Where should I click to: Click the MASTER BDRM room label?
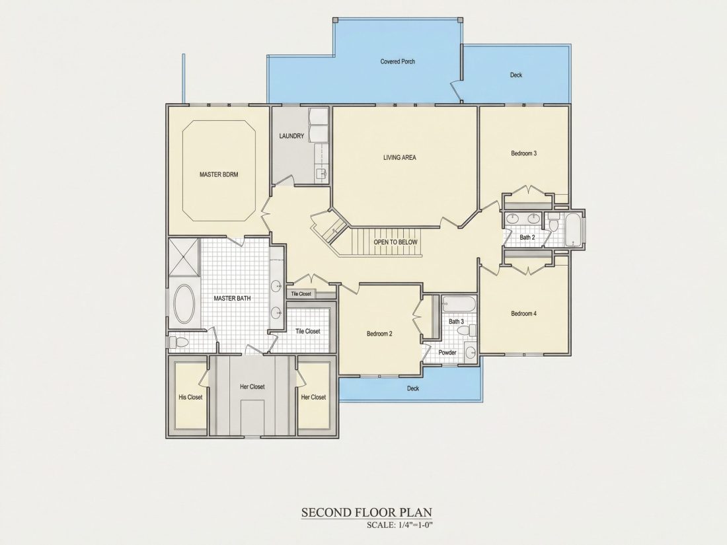point(219,174)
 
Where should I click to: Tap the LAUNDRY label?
point(291,136)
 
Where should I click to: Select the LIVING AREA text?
point(400,158)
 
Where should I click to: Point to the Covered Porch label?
point(397,61)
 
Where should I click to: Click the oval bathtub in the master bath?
point(184,304)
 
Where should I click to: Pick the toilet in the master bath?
point(178,342)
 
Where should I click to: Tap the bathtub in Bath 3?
point(459,305)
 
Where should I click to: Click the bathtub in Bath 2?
point(574,230)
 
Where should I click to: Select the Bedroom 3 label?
point(524,153)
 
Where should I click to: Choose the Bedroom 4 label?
point(524,314)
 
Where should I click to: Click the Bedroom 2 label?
point(380,334)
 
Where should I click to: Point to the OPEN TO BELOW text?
point(395,242)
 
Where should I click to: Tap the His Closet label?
point(190,397)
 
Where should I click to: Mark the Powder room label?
point(447,352)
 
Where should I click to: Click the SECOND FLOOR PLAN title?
point(367,513)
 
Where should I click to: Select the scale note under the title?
point(399,525)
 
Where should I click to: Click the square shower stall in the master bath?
point(184,256)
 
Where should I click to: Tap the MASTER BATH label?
point(232,299)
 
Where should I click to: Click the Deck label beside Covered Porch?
point(516,75)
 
